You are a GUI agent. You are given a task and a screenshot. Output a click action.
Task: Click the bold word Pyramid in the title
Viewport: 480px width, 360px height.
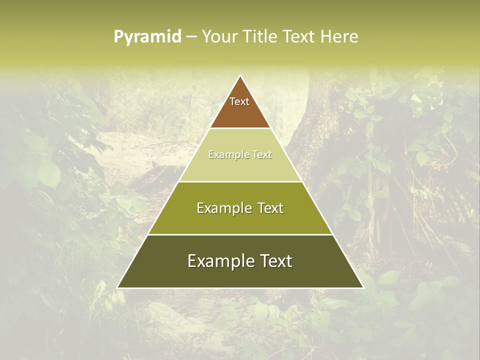(x=147, y=36)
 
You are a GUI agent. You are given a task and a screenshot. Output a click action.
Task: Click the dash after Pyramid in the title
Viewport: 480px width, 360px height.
(x=191, y=37)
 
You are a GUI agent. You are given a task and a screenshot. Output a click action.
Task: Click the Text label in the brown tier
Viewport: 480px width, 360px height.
(x=239, y=101)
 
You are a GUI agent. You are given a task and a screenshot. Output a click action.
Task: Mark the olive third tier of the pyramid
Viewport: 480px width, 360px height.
(x=240, y=222)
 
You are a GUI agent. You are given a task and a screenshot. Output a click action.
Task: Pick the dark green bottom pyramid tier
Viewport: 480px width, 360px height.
(x=240, y=277)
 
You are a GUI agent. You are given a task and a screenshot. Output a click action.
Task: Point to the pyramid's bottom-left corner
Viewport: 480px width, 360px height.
(x=117, y=287)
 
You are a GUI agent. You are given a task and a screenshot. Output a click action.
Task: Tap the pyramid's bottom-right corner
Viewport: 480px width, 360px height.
(x=363, y=287)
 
